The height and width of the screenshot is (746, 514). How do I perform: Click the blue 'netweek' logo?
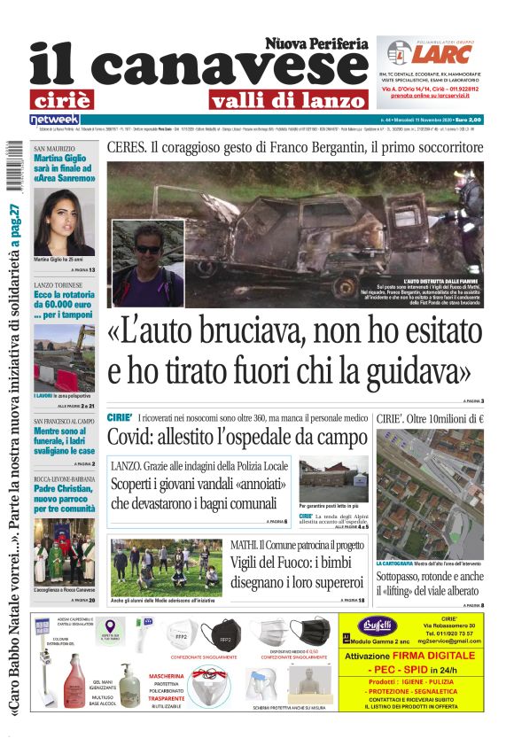(x=55, y=119)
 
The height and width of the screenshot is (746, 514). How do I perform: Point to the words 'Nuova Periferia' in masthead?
(x=316, y=43)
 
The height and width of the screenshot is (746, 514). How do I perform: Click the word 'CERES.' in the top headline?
(x=131, y=148)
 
